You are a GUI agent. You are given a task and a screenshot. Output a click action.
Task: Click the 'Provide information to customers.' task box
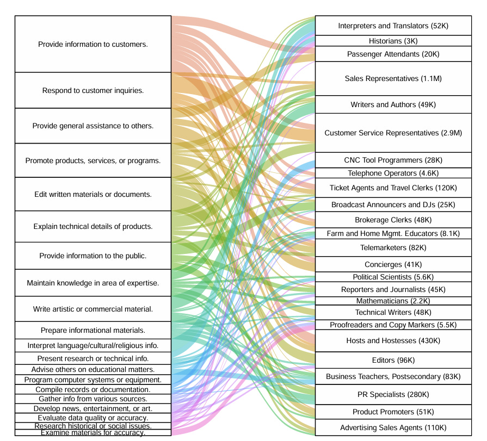93,44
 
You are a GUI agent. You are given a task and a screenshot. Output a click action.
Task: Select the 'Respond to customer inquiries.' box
93,90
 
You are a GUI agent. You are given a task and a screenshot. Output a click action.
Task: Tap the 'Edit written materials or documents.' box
93,194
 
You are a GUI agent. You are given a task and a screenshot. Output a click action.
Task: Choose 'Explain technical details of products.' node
93,226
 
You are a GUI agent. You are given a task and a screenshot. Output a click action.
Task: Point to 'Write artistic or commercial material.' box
93,309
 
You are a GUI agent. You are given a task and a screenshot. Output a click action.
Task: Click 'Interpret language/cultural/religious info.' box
93,345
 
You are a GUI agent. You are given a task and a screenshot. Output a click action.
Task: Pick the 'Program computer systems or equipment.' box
93,380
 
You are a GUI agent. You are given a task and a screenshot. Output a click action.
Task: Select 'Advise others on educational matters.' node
93,369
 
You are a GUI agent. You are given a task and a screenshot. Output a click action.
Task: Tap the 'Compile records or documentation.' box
93,389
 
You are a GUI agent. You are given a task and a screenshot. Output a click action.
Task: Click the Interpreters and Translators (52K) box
393,26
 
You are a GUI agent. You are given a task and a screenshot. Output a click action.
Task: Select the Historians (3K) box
393,41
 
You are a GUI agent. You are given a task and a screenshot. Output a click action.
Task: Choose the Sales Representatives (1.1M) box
393,79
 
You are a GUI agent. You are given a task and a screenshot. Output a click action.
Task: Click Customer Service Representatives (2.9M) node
393,133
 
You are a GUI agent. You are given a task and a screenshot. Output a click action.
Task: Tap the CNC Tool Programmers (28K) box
393,160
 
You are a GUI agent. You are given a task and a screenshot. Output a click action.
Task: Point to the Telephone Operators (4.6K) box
393,173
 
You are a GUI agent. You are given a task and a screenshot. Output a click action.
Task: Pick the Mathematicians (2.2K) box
393,301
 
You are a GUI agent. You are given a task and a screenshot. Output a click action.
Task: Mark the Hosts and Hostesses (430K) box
393,340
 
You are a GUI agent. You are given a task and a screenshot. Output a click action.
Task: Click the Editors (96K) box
393,360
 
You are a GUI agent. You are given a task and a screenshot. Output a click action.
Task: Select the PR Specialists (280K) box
393,394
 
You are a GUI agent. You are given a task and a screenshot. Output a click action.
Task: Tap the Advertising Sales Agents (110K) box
393,427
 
